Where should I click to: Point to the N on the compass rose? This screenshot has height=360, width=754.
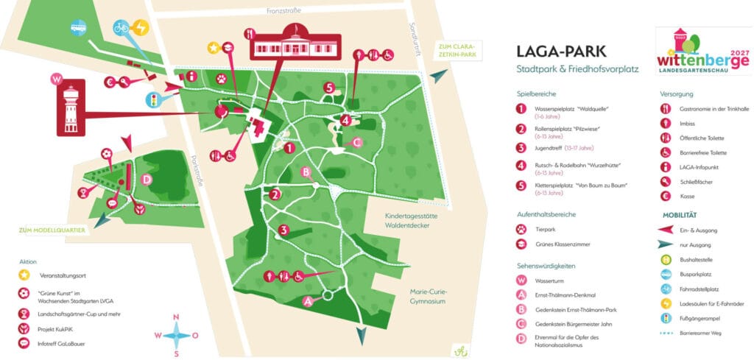tap(175, 318)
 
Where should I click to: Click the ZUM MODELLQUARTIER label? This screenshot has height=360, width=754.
tap(49, 230)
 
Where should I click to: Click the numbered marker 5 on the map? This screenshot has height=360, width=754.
tap(329, 88)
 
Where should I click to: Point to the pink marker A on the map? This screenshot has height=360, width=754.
tap(308, 300)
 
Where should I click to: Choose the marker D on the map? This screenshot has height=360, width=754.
tap(147, 179)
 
